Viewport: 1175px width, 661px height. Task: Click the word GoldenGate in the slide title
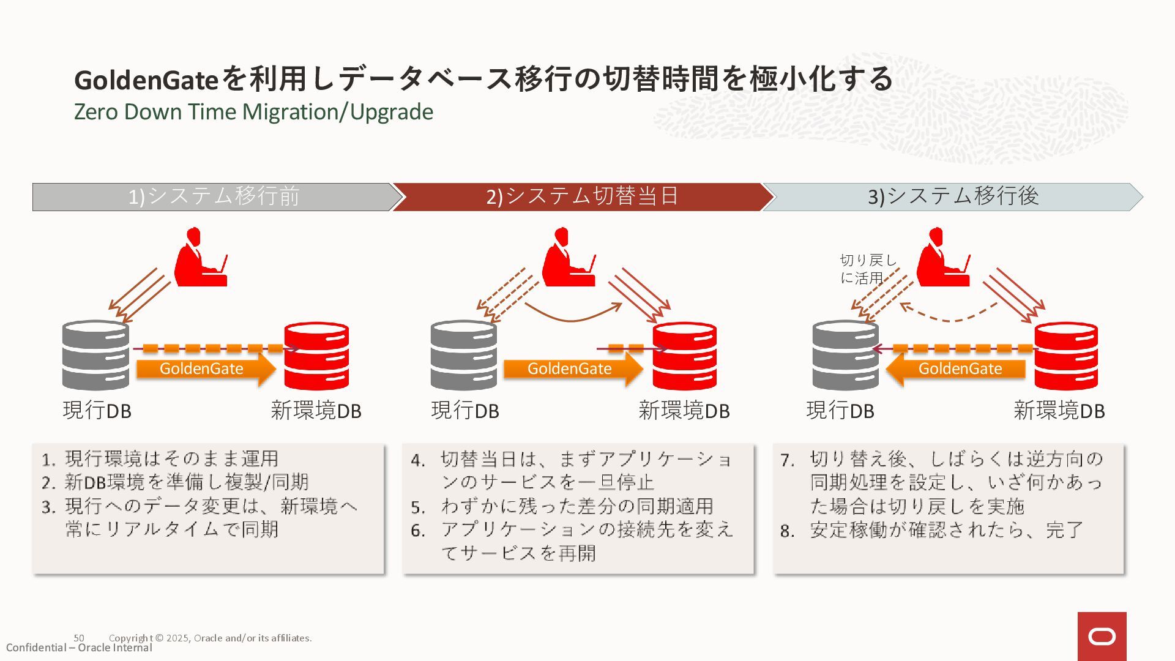(x=146, y=80)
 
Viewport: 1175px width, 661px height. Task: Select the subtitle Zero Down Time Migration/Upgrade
(x=253, y=112)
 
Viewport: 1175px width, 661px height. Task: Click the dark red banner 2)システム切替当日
(x=581, y=196)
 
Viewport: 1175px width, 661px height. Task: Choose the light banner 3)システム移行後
(x=952, y=196)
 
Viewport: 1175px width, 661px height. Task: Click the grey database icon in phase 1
(x=95, y=355)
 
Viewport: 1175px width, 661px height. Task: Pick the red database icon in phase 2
(x=684, y=355)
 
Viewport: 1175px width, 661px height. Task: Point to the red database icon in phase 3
(x=1065, y=355)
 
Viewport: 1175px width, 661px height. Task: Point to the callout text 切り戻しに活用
(x=867, y=269)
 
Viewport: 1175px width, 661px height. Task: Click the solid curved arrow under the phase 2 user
(x=572, y=313)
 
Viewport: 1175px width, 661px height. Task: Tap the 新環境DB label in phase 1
(x=316, y=411)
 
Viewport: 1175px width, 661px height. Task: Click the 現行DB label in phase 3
(x=840, y=411)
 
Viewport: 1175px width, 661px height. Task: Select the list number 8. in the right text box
(x=787, y=531)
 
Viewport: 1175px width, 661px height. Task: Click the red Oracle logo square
(x=1102, y=637)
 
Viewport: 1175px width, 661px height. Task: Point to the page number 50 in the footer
(x=79, y=638)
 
